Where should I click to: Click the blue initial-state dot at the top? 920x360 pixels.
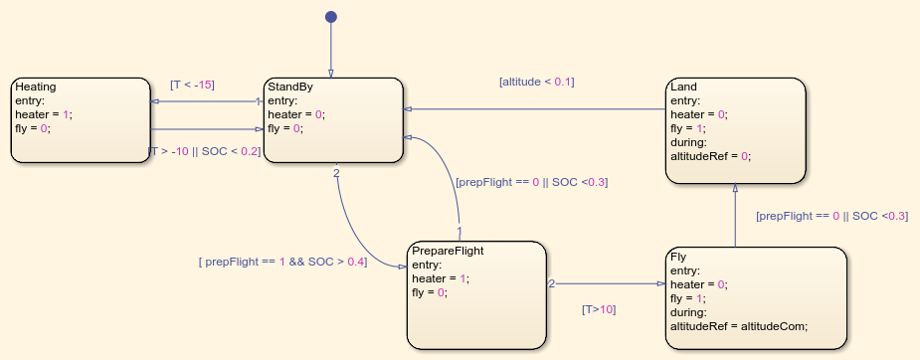(x=331, y=17)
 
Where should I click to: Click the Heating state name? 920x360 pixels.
(x=36, y=87)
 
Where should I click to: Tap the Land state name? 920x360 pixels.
(x=683, y=87)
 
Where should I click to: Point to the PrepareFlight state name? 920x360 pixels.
(x=448, y=251)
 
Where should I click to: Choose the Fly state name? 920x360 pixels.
(x=678, y=257)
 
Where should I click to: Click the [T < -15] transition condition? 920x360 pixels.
(x=192, y=85)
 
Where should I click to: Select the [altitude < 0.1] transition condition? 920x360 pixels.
(x=537, y=83)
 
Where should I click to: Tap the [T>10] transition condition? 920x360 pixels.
(x=599, y=309)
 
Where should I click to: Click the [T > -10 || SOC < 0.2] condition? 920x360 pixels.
(x=205, y=151)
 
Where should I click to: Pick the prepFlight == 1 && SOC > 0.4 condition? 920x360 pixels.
(x=282, y=263)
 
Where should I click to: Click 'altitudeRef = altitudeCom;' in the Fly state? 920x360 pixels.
(x=739, y=326)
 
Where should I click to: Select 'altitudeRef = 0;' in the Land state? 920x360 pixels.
(x=710, y=156)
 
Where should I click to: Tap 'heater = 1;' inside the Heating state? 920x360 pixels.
(x=44, y=115)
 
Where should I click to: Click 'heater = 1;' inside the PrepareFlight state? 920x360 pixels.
(x=441, y=278)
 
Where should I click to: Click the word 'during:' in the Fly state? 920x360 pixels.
(x=689, y=312)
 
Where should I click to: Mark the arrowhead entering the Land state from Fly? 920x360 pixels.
(x=735, y=188)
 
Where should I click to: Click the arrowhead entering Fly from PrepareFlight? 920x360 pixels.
(x=661, y=283)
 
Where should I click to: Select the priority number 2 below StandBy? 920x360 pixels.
(x=336, y=173)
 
